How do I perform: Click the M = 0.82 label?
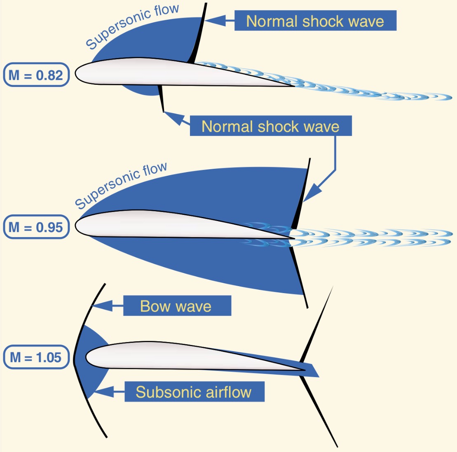36,75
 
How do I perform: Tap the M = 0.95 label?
36,227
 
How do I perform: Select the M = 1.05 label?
36,357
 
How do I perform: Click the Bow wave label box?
177,306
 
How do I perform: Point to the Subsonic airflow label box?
194,391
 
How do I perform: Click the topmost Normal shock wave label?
315,21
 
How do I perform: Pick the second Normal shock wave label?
271,126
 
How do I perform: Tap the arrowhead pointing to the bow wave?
101,305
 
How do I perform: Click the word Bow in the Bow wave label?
154,306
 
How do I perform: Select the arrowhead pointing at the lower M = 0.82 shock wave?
173,118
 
